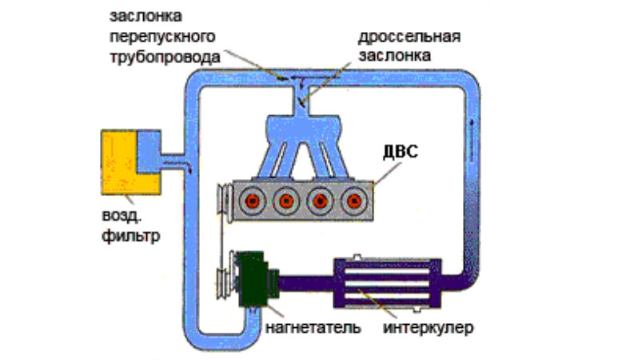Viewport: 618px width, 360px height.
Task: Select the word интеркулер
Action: pyautogui.click(x=428, y=329)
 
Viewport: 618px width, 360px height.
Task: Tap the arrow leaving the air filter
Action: pyautogui.click(x=181, y=164)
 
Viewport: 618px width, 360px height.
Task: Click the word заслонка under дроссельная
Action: pyautogui.click(x=407, y=56)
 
